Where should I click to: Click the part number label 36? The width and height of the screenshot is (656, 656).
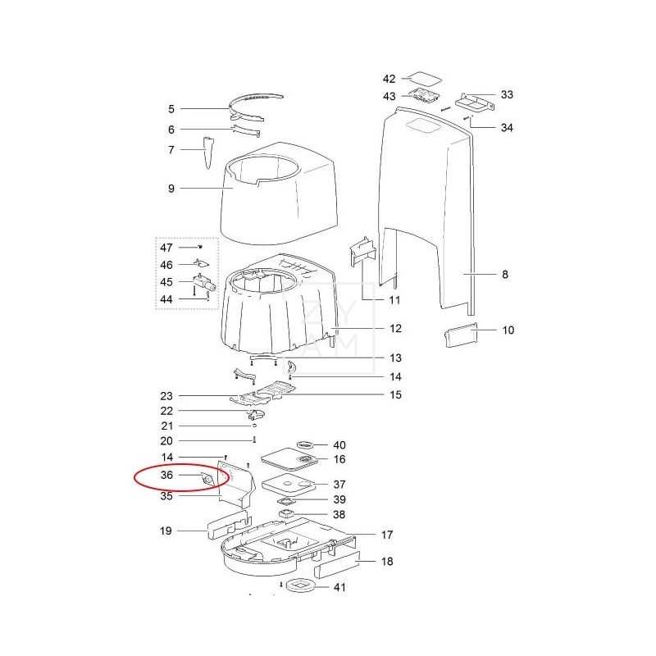point(166,475)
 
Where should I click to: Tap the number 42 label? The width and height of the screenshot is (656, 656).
point(389,79)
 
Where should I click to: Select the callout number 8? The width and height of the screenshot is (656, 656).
point(504,275)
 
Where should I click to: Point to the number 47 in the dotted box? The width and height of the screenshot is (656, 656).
point(166,247)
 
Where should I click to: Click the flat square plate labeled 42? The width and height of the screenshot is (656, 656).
point(424,79)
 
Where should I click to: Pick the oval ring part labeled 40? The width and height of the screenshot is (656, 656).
point(305,444)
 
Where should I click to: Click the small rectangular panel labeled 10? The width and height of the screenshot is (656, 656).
point(460,337)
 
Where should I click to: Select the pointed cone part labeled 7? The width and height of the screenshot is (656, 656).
point(207,153)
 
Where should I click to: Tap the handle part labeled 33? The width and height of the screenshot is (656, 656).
point(475,102)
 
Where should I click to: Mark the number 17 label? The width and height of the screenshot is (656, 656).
point(387,535)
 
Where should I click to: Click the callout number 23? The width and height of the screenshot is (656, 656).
point(166,396)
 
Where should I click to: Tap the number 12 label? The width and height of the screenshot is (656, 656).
point(395,329)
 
